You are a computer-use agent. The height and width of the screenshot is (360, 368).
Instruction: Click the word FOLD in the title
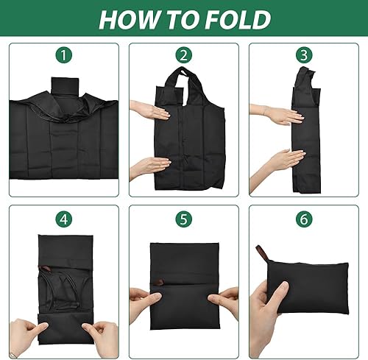(x=238, y=19)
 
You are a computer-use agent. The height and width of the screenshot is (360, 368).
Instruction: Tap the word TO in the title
(x=182, y=19)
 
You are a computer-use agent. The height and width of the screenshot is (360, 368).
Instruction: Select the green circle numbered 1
(x=64, y=55)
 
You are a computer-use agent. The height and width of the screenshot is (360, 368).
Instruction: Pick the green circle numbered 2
(x=184, y=55)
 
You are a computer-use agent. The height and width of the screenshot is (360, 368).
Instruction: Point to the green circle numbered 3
(x=304, y=55)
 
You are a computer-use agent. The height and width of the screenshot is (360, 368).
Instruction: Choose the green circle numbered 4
(x=64, y=219)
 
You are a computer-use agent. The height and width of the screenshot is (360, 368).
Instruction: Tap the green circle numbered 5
(x=184, y=219)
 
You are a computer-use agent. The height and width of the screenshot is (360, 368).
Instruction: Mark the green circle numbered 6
(x=304, y=219)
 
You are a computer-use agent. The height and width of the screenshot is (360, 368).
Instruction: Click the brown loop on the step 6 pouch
(x=261, y=253)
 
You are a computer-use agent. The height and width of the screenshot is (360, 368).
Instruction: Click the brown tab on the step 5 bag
(x=158, y=283)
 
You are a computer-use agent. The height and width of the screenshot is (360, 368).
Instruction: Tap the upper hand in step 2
(x=150, y=110)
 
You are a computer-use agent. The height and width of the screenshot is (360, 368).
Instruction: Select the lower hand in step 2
(x=150, y=167)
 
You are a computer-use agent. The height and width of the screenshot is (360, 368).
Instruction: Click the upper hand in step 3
(x=277, y=114)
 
